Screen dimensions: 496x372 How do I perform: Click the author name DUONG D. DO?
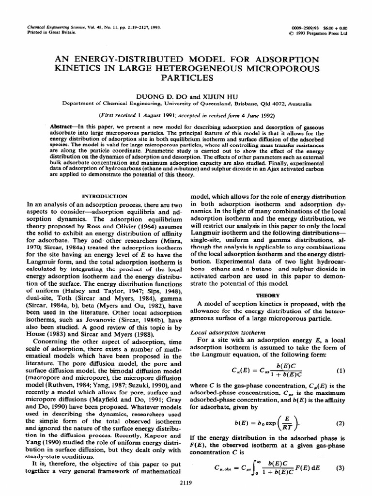click(x=161, y=95)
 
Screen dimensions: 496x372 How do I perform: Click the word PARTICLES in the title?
click(x=186, y=77)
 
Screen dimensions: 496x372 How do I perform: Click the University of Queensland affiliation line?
click(x=186, y=104)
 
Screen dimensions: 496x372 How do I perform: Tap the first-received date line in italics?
click(x=186, y=115)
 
